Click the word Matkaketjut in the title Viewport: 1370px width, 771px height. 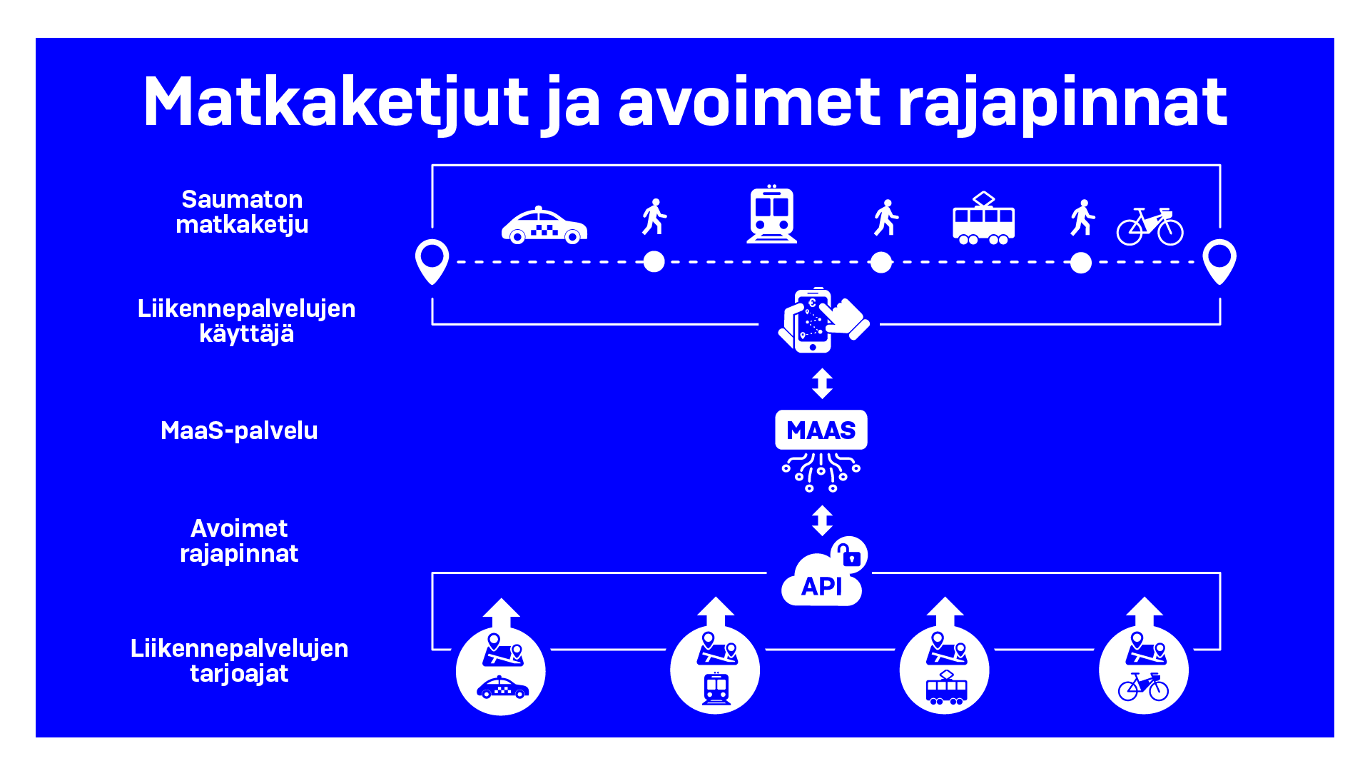336,103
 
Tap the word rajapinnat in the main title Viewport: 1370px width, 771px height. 1062,104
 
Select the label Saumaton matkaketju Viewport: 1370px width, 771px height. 242,212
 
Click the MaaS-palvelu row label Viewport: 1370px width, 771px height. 239,430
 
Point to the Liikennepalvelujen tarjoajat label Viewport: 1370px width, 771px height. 240,661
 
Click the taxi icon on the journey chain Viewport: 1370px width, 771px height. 544,226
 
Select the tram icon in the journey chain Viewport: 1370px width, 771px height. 983,218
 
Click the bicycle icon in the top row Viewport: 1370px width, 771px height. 1150,226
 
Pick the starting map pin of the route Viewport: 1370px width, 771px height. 432,261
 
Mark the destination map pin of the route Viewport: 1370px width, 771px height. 1219,261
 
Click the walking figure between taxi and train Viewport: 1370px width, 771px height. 654,217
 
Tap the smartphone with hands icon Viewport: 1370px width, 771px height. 823,321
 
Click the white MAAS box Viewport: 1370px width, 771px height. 821,430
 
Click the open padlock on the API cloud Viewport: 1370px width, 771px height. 848,555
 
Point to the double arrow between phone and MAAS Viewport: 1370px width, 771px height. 822,383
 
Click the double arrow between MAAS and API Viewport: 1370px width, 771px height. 822,520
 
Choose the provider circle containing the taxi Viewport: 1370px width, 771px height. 501,670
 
